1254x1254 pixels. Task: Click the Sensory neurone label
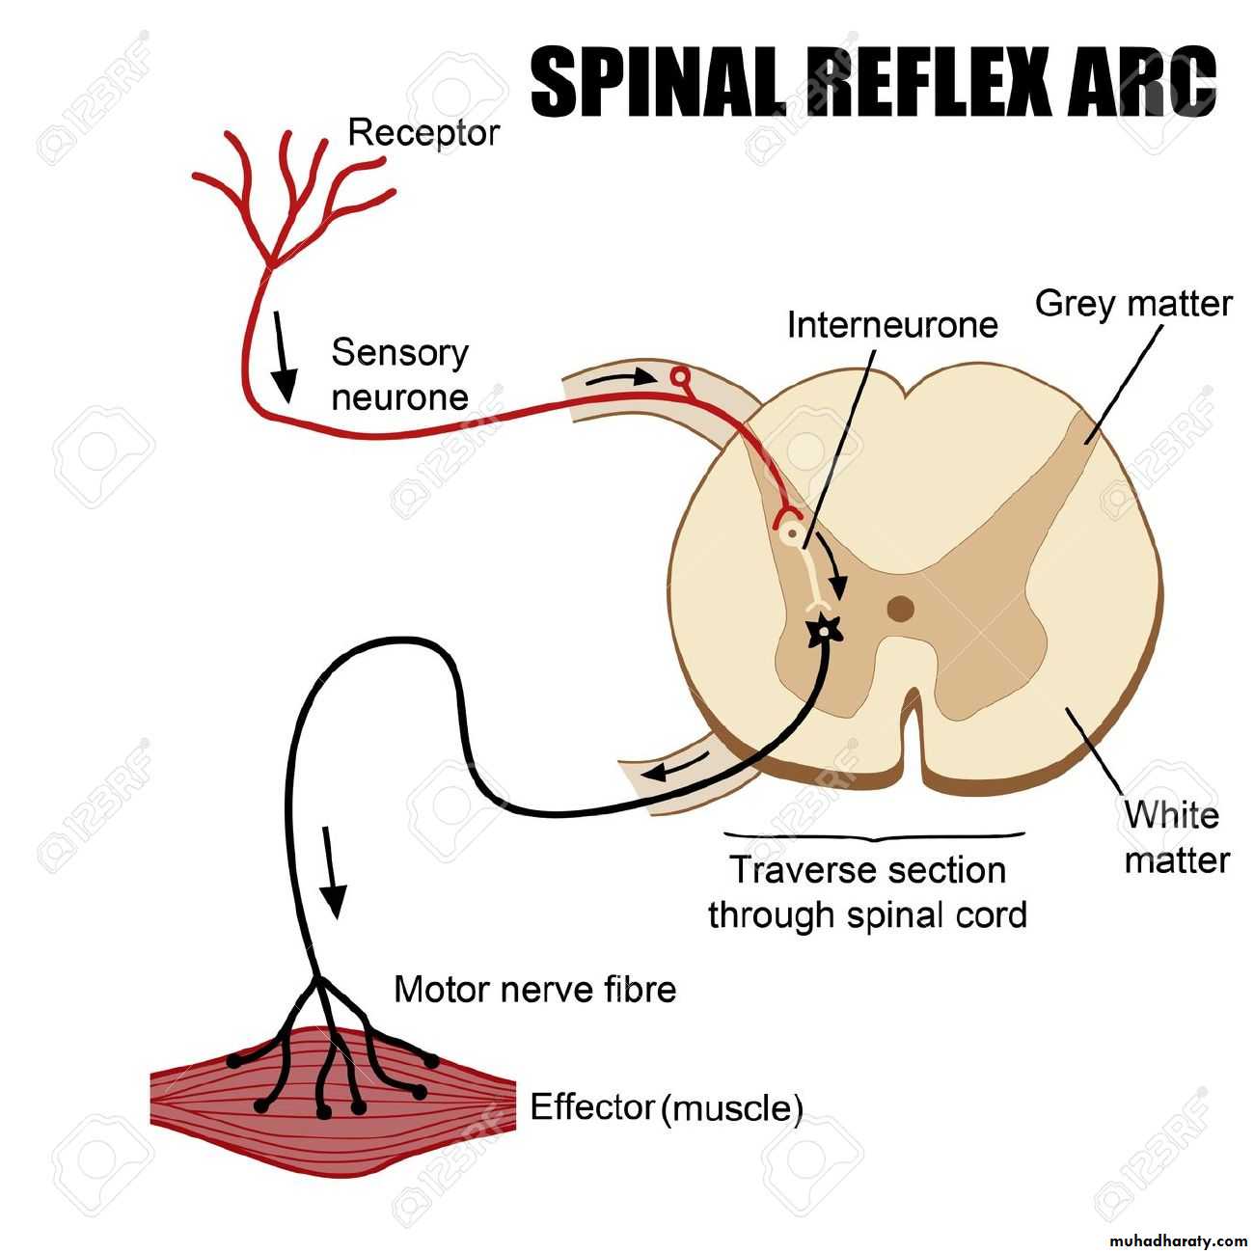pos(399,374)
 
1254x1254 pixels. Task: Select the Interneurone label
pos(892,324)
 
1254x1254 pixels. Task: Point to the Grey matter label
pos(1133,304)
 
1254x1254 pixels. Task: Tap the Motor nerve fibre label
pos(535,989)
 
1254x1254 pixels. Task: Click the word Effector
pos(592,1107)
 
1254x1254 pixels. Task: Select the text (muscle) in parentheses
pos(732,1109)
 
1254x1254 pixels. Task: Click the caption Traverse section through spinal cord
pos(867,892)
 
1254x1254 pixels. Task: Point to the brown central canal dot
pos(901,609)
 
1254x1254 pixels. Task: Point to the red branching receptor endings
pos(289,193)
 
